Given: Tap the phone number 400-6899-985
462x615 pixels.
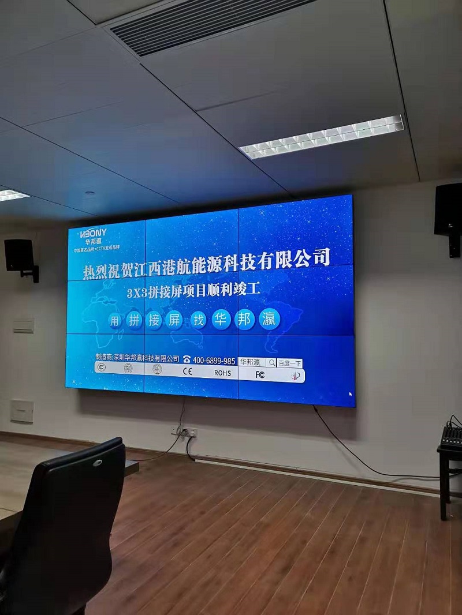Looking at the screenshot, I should [214, 361].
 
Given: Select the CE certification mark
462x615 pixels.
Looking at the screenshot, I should [188, 372].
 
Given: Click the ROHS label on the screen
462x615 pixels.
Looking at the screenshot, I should [222, 373].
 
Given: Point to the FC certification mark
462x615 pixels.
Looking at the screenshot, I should [260, 374].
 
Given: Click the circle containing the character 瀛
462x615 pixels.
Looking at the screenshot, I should [269, 318].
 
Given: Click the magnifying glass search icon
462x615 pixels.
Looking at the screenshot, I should [271, 363].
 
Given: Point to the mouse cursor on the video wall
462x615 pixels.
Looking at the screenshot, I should [350, 394].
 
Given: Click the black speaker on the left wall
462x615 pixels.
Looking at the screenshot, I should [20, 256].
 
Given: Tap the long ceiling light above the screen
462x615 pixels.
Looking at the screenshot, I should [322, 136].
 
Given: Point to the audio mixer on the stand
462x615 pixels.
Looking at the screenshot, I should [451, 436].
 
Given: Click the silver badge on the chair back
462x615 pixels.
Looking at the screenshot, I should [98, 463].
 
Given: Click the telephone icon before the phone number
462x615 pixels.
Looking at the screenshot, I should [187, 359].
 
